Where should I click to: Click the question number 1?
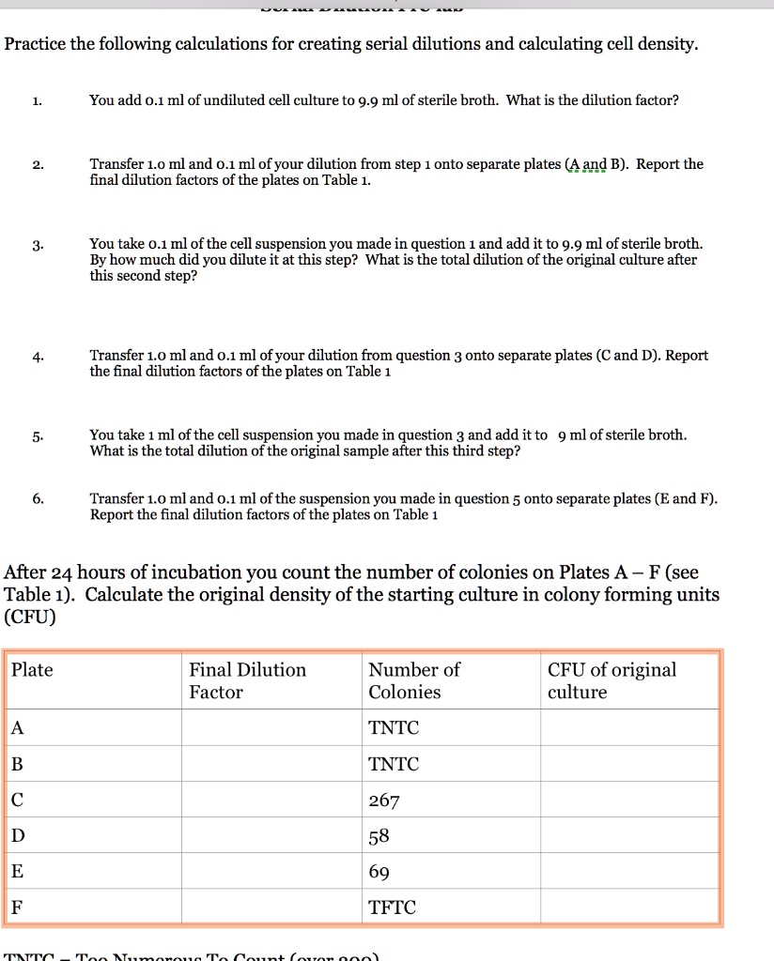point(35,99)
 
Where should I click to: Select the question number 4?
point(35,357)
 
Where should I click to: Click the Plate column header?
point(33,670)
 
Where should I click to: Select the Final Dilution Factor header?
point(247,680)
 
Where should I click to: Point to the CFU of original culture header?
point(611,680)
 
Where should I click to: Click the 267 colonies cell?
point(384,801)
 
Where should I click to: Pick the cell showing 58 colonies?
point(379,836)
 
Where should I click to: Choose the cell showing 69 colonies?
point(379,872)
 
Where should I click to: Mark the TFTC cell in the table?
point(393,908)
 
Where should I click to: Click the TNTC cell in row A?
point(394,728)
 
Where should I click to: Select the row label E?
point(18,872)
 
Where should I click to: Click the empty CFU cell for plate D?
point(628,836)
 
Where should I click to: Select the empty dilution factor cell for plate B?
point(271,765)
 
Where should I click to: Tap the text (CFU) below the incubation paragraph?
point(30,618)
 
